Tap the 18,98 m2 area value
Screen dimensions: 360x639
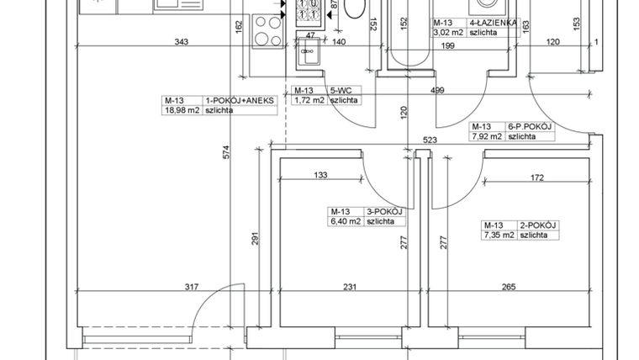tap(180, 109)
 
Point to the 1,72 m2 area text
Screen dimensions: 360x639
tap(307, 100)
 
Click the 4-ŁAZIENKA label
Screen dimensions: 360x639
tap(492, 24)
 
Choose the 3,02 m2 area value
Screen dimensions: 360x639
tap(448, 33)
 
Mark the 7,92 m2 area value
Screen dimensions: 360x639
tap(485, 135)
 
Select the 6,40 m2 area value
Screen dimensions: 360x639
tap(344, 221)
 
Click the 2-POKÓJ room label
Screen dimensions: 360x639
tap(540, 225)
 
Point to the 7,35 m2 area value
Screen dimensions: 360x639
tap(496, 236)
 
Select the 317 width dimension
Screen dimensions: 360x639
tap(192, 289)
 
